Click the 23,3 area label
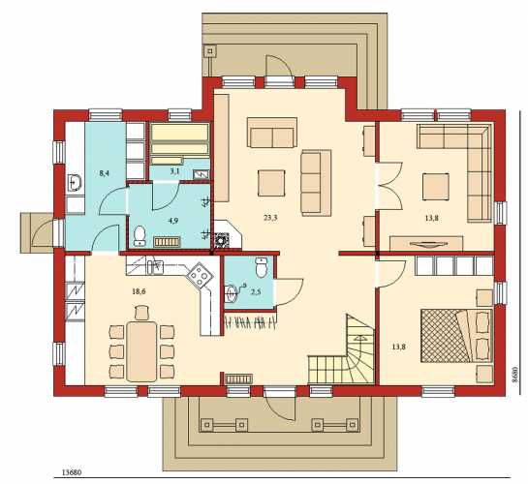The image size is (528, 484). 270,218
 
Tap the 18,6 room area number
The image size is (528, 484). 139,291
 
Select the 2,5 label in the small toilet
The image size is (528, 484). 256,291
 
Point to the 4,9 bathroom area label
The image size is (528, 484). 173,221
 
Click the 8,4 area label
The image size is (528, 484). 105,173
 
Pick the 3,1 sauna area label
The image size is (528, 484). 174,171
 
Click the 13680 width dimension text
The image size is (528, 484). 72,472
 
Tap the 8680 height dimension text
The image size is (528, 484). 513,375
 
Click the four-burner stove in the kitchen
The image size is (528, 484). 200,275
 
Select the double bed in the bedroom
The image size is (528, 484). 457,336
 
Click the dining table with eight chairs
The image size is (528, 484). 141,351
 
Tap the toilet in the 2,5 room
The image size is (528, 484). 262,267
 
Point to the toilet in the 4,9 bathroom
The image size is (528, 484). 140,235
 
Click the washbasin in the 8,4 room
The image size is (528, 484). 75,183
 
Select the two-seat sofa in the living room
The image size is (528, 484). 272,133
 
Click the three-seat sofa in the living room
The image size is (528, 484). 316,183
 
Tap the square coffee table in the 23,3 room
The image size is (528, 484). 271,183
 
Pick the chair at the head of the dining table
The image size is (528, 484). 141,313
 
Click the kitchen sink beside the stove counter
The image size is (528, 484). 155,267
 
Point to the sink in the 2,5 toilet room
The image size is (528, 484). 232,293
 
